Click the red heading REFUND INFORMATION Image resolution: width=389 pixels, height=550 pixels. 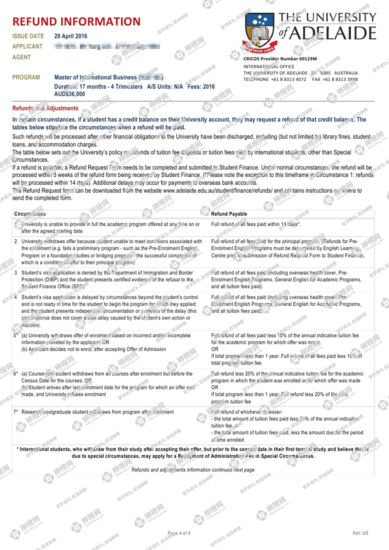[76, 22]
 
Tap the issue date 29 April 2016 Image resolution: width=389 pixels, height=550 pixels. [71, 36]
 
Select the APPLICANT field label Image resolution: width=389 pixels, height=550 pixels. [27, 46]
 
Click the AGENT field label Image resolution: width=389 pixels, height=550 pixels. [21, 57]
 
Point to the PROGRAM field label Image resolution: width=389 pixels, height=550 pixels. [26, 77]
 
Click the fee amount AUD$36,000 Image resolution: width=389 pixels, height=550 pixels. [69, 94]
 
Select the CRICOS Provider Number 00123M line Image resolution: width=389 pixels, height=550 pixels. [280, 59]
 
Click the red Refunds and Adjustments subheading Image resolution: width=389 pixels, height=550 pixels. [45, 108]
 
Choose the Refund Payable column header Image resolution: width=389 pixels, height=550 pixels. [229, 214]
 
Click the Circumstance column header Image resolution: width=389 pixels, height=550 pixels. [30, 214]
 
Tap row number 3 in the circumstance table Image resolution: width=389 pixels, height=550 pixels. [16, 273]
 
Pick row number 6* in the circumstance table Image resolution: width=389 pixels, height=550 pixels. [16, 374]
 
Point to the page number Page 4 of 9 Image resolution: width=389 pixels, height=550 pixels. [179, 533]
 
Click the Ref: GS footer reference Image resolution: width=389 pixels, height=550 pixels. [360, 533]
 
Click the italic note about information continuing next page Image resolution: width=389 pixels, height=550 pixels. [193, 470]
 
